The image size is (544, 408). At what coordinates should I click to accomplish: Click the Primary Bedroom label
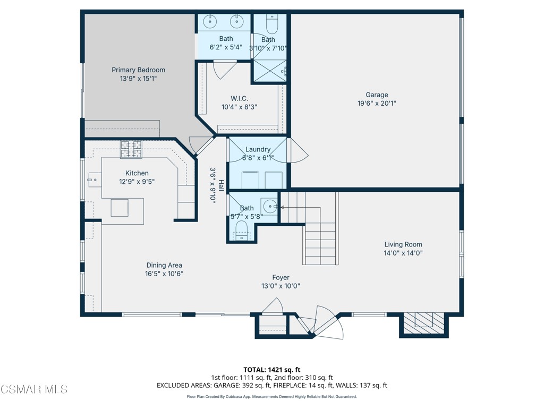coord(138,70)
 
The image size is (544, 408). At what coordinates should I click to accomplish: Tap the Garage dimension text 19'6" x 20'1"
coord(377,104)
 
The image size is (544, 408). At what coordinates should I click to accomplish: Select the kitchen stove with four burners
coord(131,149)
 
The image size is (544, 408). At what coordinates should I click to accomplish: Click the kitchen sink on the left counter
coord(93,180)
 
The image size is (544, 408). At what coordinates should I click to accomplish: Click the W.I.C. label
coord(239,98)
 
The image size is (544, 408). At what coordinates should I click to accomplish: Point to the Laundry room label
coord(258,150)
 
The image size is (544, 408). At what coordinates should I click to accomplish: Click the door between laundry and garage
coord(296,150)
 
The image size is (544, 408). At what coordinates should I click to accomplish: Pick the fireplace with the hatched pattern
coord(423,321)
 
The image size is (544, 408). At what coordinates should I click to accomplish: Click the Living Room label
coord(403,245)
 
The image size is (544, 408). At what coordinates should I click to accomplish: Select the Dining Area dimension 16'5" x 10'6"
coord(165,274)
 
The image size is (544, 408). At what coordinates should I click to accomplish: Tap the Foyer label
coord(280,277)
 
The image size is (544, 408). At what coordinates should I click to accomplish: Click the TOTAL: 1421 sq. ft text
coord(272,370)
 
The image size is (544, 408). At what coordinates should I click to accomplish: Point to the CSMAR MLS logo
coord(34,389)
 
